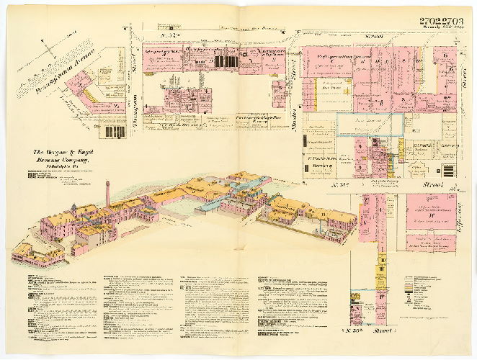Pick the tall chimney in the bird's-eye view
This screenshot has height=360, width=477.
coord(107,193)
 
